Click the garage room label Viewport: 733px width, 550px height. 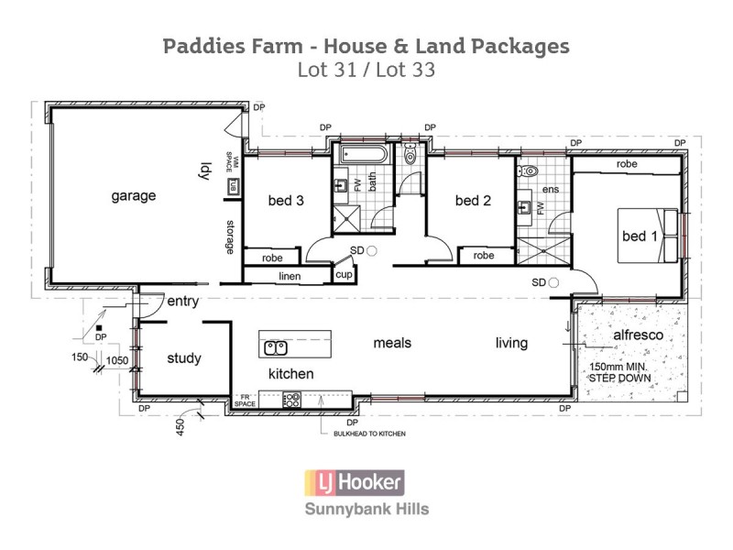tap(134, 195)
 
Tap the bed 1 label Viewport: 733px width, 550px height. tap(640, 236)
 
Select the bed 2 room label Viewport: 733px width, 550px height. tap(473, 201)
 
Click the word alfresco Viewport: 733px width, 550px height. tap(638, 335)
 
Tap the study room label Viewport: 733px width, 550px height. tap(183, 358)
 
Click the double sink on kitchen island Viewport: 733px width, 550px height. tap(276, 346)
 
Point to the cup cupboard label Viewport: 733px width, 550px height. tap(345, 274)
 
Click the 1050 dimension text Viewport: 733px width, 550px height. tap(117, 361)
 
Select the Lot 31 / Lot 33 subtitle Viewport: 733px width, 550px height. tap(366, 69)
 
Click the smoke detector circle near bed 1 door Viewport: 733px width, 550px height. tap(553, 283)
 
